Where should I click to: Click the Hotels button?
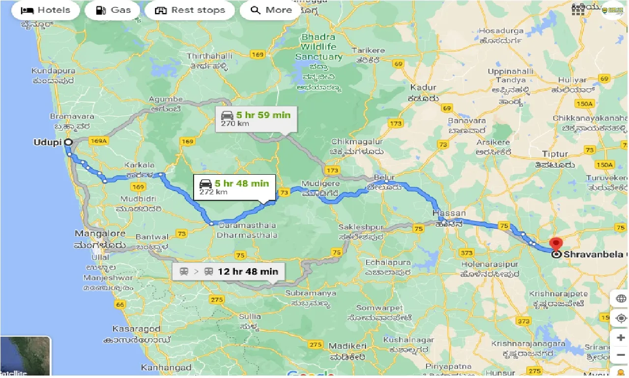point(46,10)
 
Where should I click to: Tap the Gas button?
point(113,10)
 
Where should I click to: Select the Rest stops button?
point(190,10)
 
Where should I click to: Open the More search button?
point(270,10)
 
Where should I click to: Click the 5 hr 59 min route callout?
point(256,118)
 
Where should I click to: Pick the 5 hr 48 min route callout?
point(234,187)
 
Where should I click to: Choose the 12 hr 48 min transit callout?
point(229,271)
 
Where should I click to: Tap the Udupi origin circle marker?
point(68,142)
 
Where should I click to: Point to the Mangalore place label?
point(100,233)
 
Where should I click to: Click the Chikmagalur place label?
point(357,142)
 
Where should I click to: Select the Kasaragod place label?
point(137,329)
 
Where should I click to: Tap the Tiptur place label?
point(555,154)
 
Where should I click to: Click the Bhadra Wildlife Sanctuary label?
point(318,47)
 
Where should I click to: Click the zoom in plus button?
point(621,338)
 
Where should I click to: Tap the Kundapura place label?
point(52,70)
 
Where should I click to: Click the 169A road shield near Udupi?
point(98,141)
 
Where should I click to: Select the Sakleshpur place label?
point(361,227)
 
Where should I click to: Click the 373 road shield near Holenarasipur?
point(466,253)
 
